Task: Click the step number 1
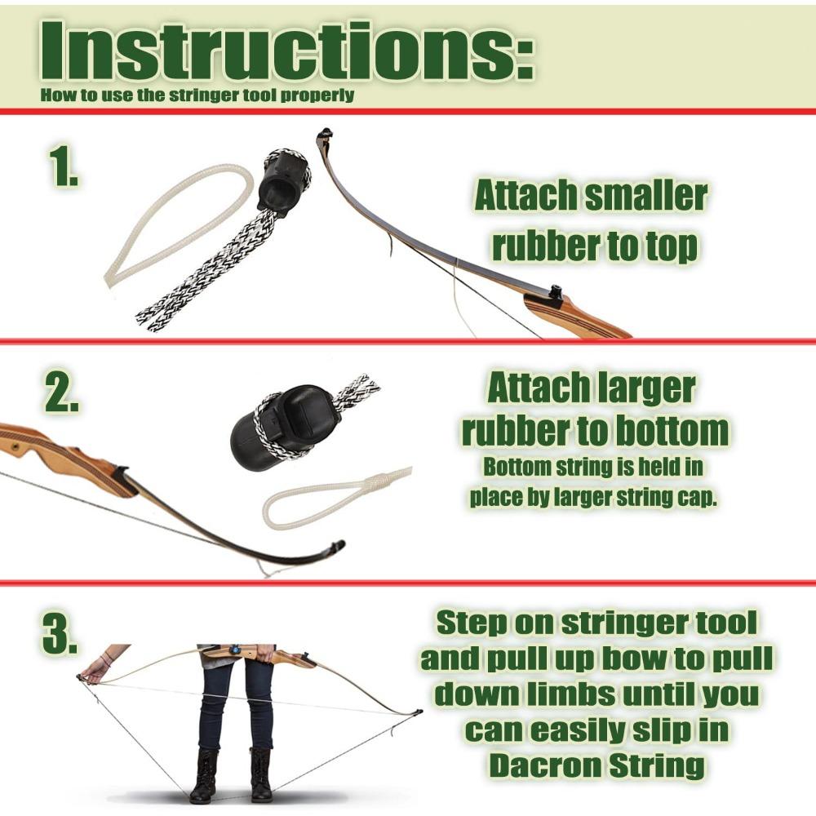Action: click(62, 167)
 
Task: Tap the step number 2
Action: click(61, 392)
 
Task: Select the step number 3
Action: click(60, 634)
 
